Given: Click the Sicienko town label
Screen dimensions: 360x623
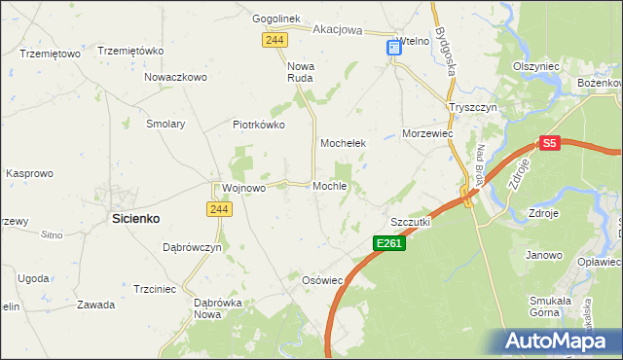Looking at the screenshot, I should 135,219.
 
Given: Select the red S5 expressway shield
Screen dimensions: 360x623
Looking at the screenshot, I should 550,142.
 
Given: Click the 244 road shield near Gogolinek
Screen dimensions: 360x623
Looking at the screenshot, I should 274,38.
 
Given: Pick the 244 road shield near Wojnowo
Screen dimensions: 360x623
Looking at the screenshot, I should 218,209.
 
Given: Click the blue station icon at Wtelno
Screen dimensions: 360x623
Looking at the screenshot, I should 394,48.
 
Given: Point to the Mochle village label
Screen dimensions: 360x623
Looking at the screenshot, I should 330,186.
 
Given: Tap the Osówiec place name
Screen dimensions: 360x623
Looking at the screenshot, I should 322,280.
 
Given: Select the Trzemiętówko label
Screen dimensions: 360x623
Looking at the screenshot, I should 128,51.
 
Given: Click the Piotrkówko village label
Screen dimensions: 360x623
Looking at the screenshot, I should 258,125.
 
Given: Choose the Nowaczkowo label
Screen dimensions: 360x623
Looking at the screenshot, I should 176,77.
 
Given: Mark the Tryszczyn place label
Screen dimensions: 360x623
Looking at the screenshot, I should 473,107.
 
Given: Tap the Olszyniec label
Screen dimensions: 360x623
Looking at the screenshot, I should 535,66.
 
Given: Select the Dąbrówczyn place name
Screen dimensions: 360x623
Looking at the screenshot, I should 193,248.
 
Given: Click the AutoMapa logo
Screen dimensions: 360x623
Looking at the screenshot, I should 558,342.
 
